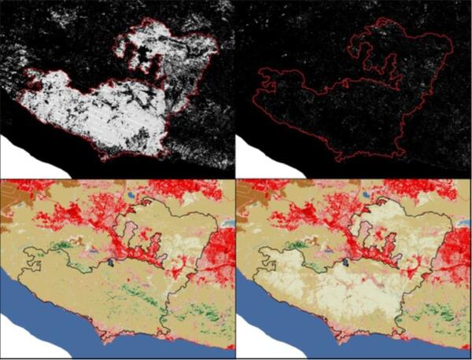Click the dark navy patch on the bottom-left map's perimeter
point(113,264)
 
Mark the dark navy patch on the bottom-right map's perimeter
point(349,264)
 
